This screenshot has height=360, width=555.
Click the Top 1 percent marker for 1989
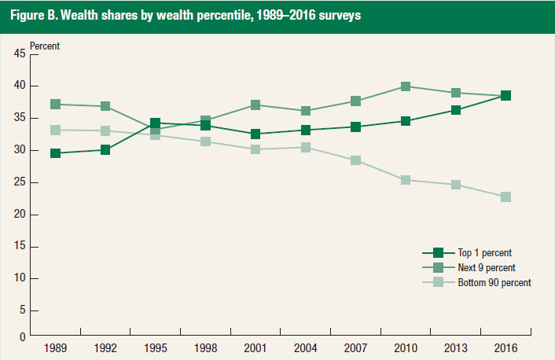[x=55, y=153]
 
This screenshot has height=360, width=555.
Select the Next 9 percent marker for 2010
[x=406, y=86]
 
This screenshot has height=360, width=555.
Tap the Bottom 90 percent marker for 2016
[x=506, y=197]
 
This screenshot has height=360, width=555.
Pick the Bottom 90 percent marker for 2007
[x=355, y=160]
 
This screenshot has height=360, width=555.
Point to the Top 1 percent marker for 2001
[x=255, y=134]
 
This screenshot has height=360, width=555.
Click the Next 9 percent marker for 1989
[x=55, y=104]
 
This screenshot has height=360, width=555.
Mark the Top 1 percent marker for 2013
[x=456, y=110]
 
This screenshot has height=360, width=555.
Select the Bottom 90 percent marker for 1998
[x=205, y=141]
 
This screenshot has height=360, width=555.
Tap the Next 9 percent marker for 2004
[x=306, y=111]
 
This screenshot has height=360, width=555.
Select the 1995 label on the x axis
[x=155, y=347]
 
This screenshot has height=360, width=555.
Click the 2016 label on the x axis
[x=506, y=347]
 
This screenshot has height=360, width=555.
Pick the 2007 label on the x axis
[x=355, y=347]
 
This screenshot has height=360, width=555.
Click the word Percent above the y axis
[x=45, y=46]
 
